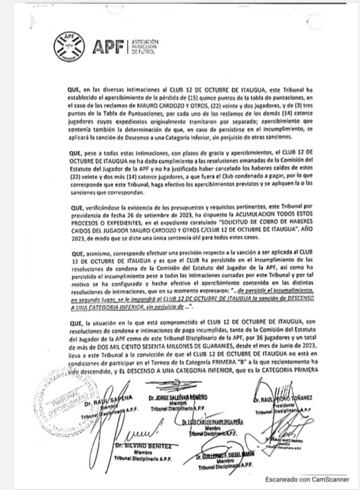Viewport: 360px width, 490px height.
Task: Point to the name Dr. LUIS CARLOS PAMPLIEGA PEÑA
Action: pos(213,423)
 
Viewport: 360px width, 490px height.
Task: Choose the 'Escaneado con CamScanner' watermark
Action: pos(307,479)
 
